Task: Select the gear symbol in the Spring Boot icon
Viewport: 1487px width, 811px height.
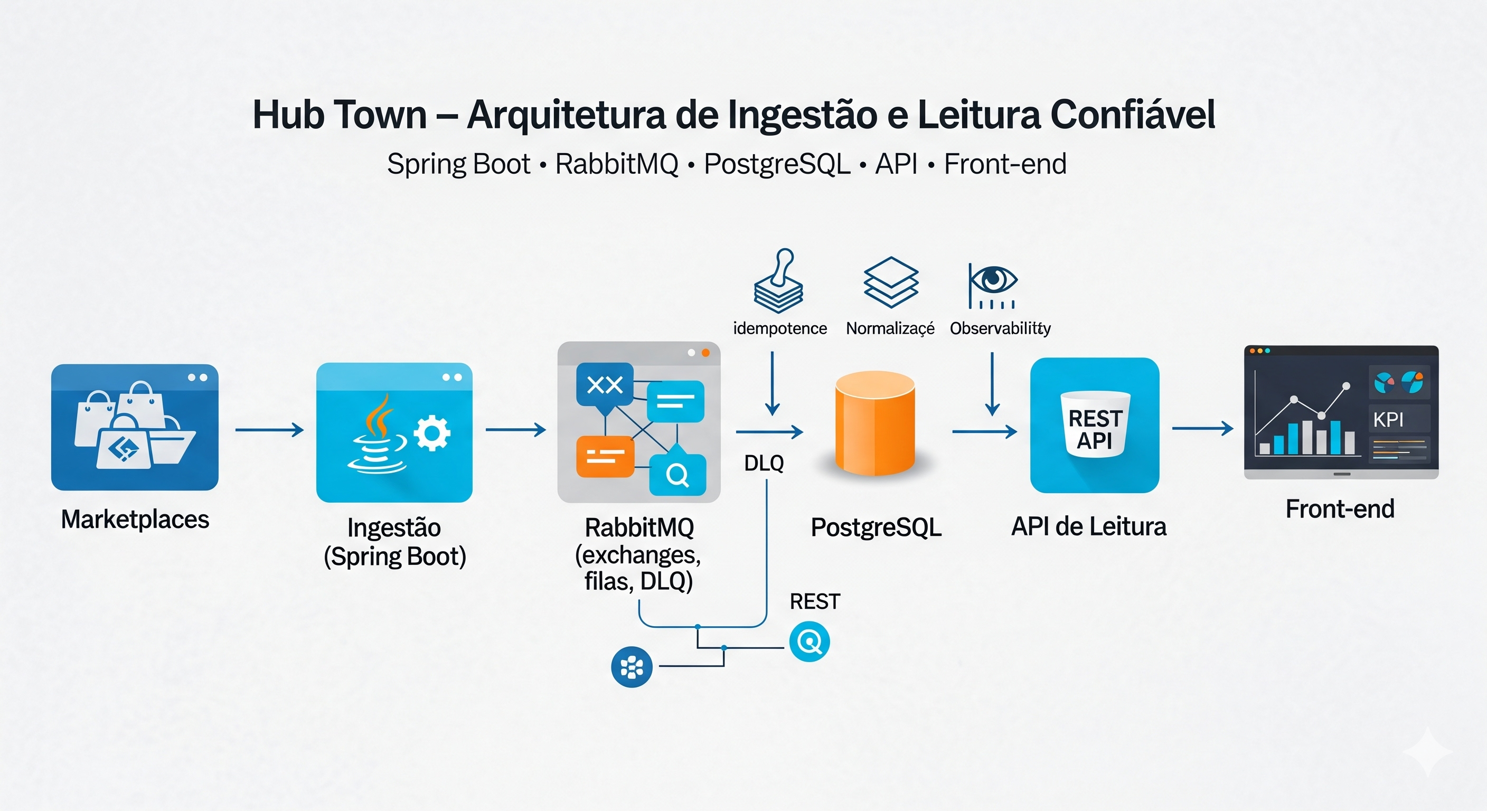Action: tap(432, 433)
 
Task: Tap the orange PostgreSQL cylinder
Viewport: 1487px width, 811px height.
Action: tap(874, 423)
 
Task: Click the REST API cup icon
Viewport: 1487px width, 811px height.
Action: tap(1095, 425)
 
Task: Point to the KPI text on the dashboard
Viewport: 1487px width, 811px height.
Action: tap(1388, 420)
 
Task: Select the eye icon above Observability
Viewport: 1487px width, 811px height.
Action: tap(993, 280)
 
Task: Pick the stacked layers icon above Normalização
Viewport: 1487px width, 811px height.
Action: tap(891, 282)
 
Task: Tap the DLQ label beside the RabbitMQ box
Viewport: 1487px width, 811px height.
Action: tap(764, 463)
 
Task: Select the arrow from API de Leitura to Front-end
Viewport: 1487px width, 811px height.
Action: tap(1202, 428)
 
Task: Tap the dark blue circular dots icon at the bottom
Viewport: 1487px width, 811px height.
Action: tap(632, 667)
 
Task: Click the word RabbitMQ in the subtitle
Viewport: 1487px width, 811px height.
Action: tap(617, 164)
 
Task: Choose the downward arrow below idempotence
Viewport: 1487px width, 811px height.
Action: tap(772, 384)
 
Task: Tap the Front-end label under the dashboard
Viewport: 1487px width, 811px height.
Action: tap(1339, 509)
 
